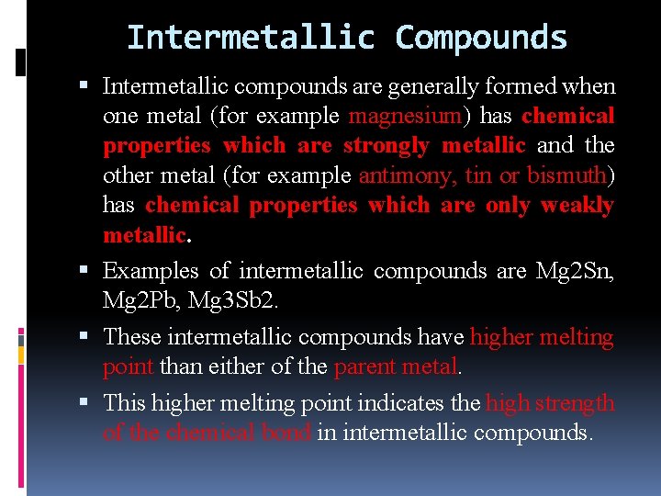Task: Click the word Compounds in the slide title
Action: tap(481, 38)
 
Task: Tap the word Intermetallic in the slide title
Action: tap(251, 38)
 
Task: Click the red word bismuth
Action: tap(566, 175)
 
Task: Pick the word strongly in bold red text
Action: tap(387, 145)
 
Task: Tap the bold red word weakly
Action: tap(577, 205)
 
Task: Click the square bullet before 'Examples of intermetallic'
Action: tap(85, 271)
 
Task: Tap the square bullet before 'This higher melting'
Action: tap(85, 402)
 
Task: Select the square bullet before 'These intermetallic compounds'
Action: tap(85, 337)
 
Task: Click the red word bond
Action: tap(289, 432)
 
